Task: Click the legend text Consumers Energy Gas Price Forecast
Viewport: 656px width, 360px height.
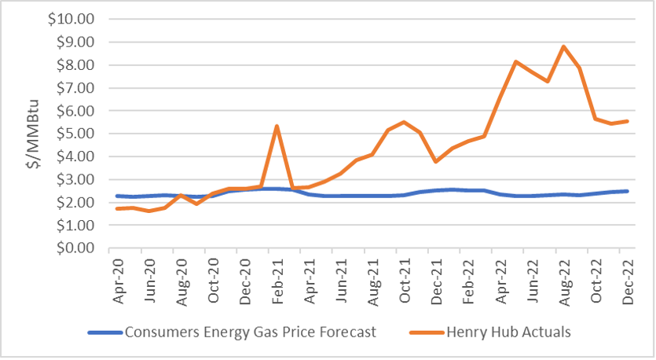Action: point(251,332)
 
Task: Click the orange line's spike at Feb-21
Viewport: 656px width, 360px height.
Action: point(277,126)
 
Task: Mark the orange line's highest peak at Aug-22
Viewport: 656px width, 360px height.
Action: point(563,46)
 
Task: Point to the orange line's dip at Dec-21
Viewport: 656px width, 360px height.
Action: point(435,161)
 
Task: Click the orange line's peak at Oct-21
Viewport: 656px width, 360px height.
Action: point(404,122)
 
